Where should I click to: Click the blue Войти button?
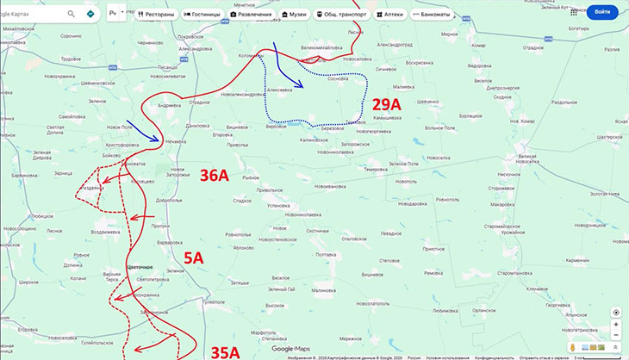click(x=601, y=12)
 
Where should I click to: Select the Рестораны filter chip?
click(x=156, y=15)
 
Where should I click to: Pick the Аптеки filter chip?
click(x=387, y=15)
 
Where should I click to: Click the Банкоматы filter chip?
click(x=434, y=15)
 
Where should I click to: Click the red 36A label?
click(x=214, y=177)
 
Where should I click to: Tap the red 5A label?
click(x=193, y=257)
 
